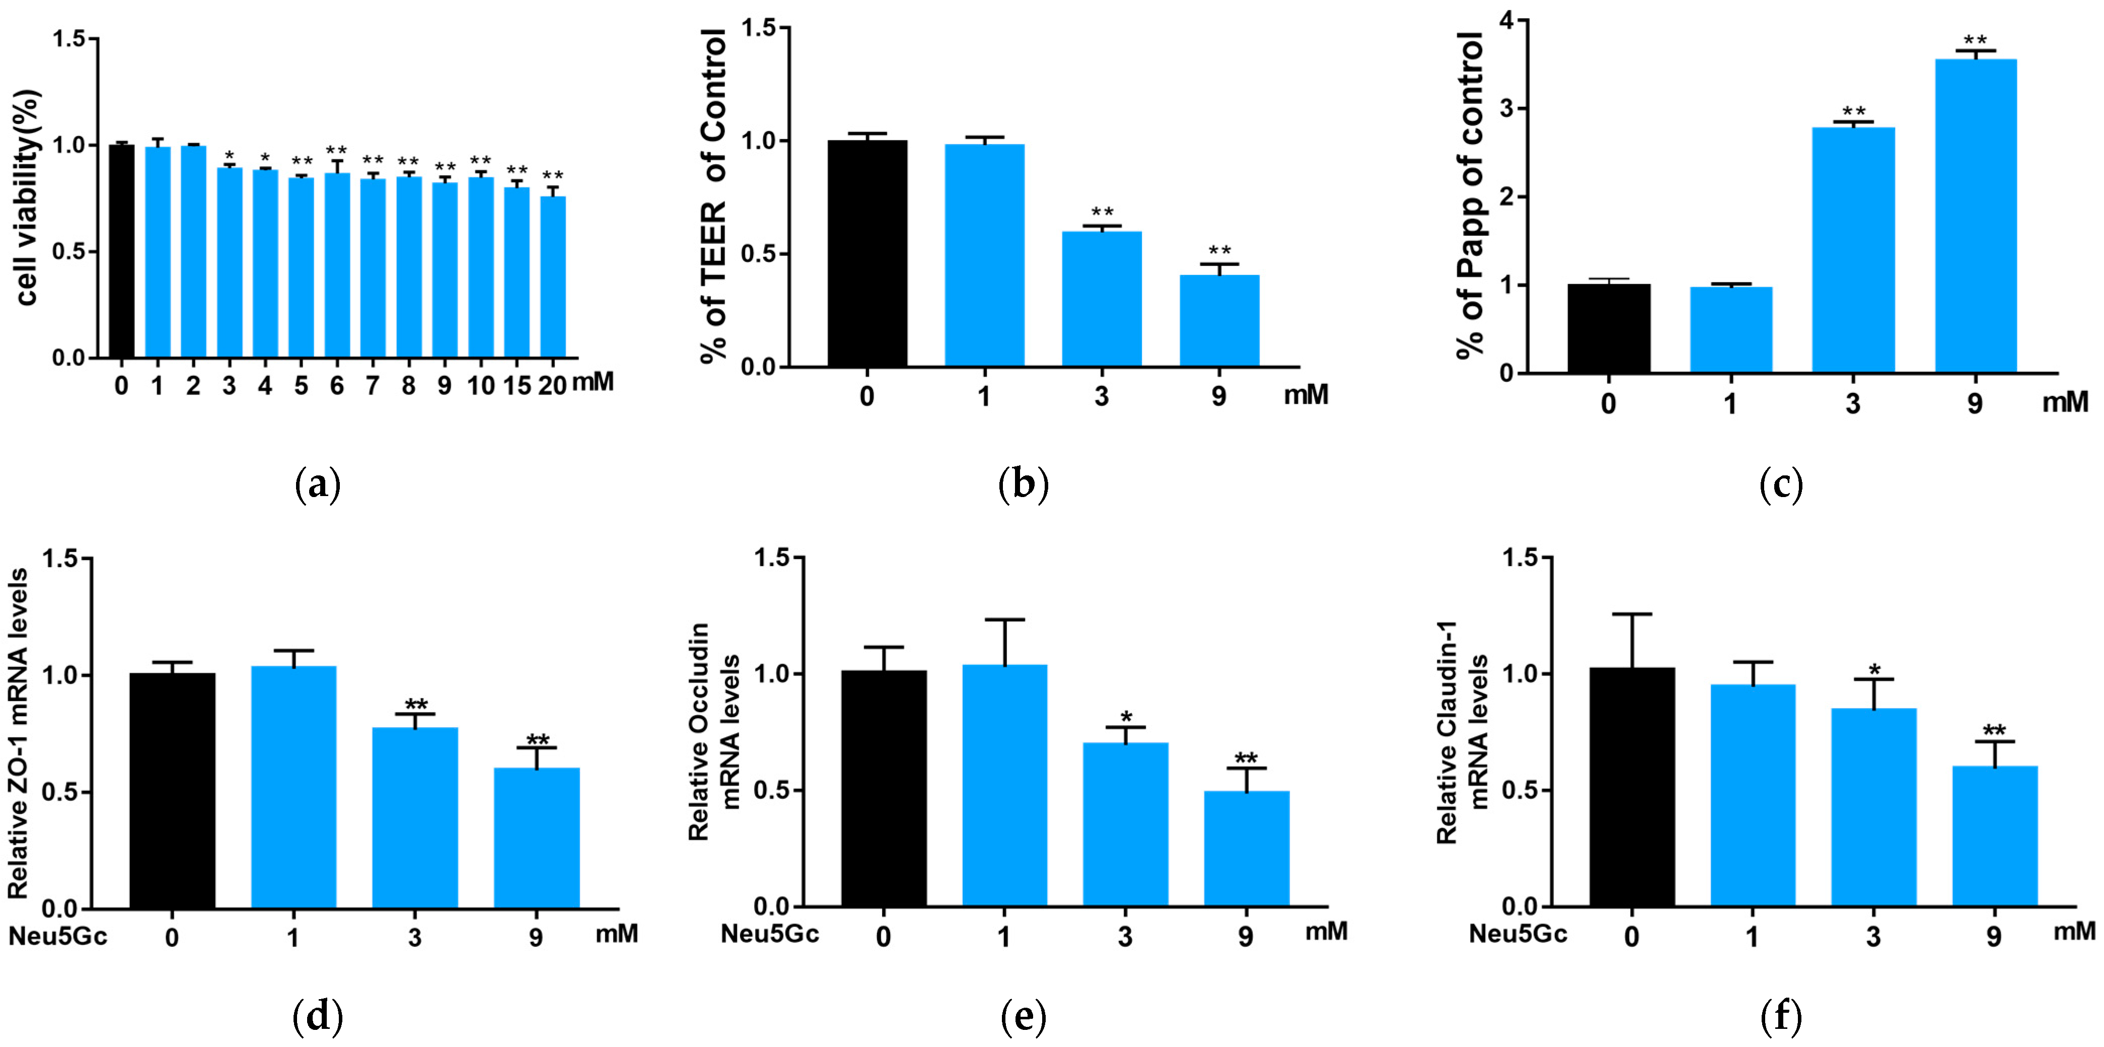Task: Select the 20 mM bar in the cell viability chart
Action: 553,277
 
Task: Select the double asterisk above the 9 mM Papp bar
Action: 1975,40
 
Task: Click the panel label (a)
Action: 317,485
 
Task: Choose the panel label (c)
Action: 1781,485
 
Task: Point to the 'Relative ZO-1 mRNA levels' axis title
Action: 19,733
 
